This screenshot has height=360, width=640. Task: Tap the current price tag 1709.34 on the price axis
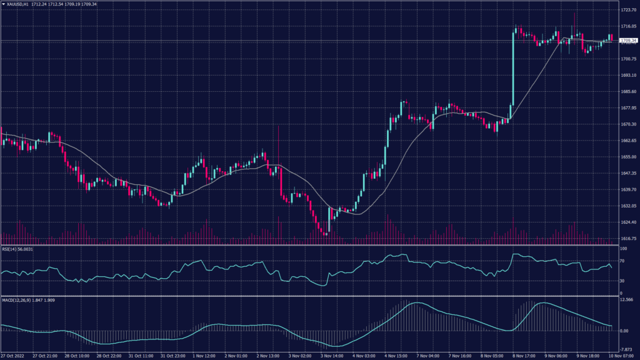(627, 41)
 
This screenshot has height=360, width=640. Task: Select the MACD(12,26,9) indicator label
(14, 301)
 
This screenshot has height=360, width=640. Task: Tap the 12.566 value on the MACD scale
(626, 300)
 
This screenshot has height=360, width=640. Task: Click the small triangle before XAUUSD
(2, 4)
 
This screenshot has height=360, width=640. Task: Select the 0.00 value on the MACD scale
(624, 331)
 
